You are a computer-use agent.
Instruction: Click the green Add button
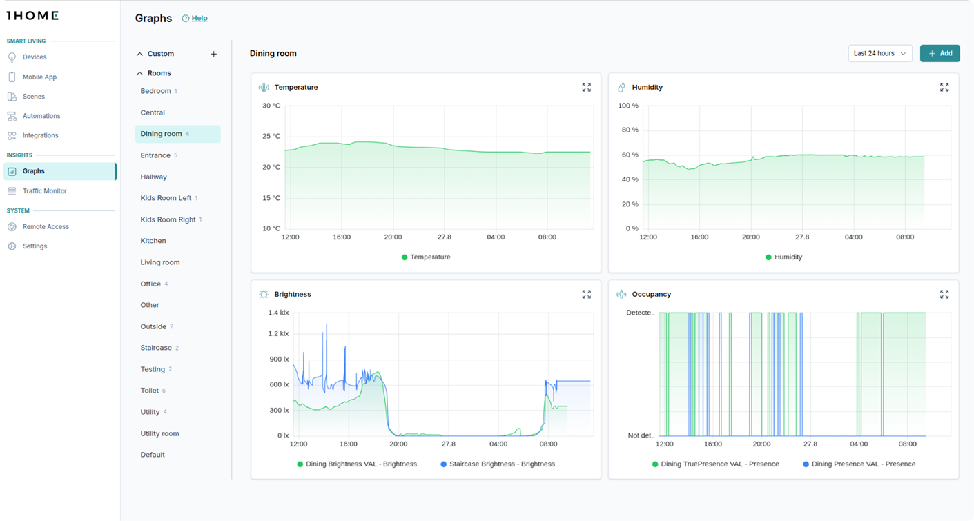939,53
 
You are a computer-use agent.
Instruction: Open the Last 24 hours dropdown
879,53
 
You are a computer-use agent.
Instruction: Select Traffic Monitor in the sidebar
44,191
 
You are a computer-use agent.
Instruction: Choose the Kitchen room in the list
153,241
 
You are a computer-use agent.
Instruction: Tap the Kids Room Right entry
168,219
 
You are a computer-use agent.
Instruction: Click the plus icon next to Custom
213,54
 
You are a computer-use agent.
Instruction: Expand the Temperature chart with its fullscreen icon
586,88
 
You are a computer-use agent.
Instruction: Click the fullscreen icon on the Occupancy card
944,295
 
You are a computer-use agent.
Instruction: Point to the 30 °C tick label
271,106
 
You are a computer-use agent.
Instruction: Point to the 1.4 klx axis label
279,313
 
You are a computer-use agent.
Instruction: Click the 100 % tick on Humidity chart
627,106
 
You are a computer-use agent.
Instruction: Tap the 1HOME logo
32,15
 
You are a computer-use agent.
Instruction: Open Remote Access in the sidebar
46,227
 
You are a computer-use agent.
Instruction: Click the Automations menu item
41,116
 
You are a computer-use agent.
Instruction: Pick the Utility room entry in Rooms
159,433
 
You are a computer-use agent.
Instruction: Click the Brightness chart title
293,295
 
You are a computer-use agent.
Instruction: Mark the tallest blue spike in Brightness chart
327,325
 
